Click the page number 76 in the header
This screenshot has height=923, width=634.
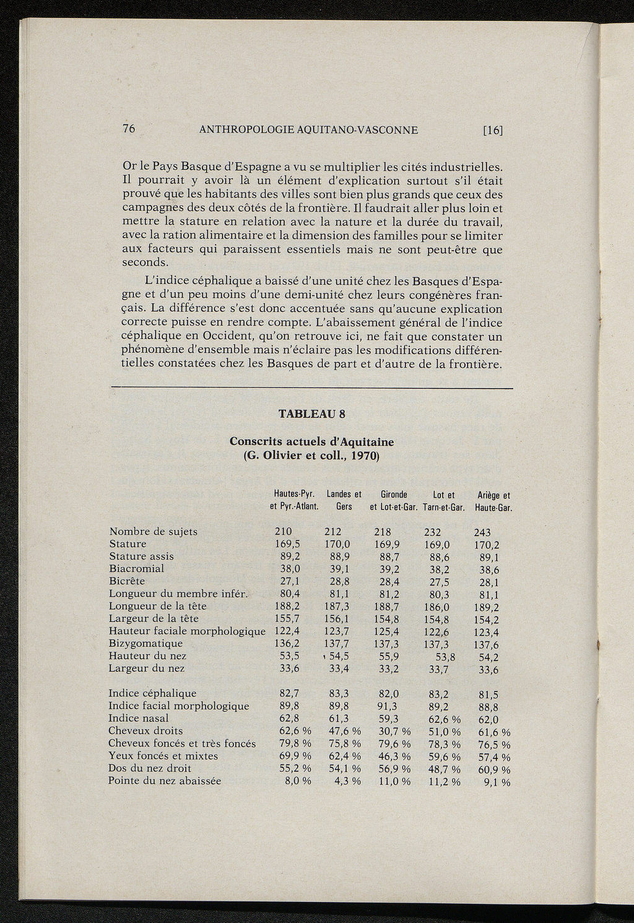[x=129, y=129]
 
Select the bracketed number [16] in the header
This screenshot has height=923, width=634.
[x=493, y=130]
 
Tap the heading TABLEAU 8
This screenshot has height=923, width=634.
[x=311, y=414]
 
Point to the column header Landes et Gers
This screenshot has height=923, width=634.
[x=344, y=500]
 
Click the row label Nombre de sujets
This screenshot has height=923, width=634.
[x=153, y=531]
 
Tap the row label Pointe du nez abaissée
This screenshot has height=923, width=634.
[x=164, y=781]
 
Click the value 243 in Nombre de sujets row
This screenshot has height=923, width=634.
[x=482, y=532]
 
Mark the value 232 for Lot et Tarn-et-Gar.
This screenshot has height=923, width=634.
[x=433, y=532]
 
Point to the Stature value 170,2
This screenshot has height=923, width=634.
[x=487, y=545]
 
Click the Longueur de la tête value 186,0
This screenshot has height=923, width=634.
[x=437, y=607]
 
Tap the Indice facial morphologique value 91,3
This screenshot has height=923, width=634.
[x=387, y=706]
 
